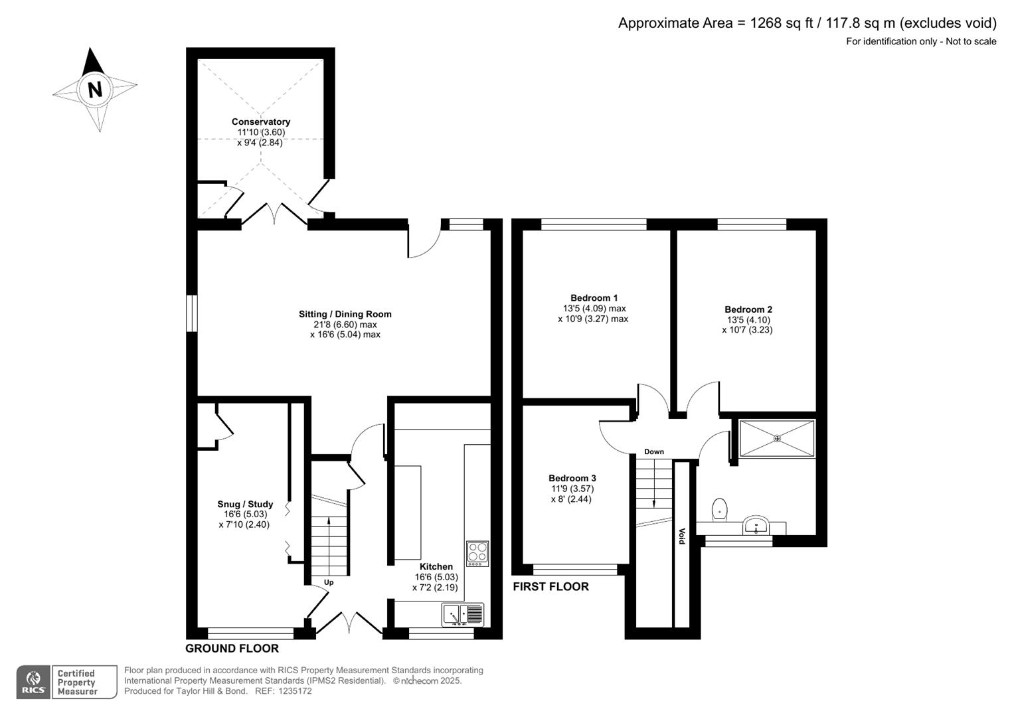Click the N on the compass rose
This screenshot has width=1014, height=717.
[95, 89]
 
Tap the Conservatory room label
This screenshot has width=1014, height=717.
[261, 121]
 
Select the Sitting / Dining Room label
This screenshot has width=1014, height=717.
[345, 314]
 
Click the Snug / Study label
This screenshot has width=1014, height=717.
[245, 504]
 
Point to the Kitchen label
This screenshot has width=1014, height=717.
[436, 566]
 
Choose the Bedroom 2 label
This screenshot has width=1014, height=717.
[748, 309]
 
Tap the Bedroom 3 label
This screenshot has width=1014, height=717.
[572, 478]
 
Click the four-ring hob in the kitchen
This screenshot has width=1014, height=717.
[477, 553]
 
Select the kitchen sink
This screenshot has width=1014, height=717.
[463, 614]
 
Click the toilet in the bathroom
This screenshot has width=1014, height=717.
[718, 509]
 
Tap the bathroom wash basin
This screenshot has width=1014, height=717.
[755, 526]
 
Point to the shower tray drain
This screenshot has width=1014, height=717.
[777, 438]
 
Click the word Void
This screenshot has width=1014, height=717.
[681, 536]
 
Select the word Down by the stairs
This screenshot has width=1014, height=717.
[653, 451]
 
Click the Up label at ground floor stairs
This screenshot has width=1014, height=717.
[328, 582]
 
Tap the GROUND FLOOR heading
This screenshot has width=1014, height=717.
[232, 649]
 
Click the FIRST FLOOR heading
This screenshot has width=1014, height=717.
[550, 586]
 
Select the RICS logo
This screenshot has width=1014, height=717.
[33, 682]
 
